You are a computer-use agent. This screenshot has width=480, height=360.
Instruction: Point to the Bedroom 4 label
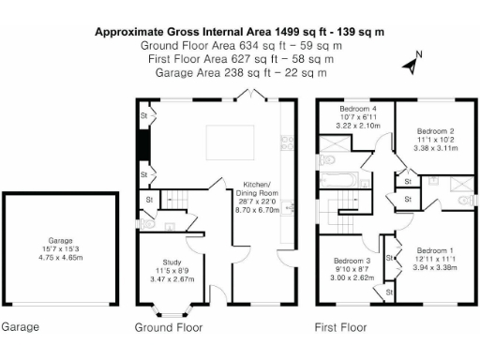[354, 116]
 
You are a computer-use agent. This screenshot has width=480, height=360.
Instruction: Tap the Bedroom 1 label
[433, 257]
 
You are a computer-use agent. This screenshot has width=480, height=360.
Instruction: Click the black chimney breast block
[143, 144]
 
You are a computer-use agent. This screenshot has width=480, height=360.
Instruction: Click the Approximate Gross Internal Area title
[240, 32]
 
